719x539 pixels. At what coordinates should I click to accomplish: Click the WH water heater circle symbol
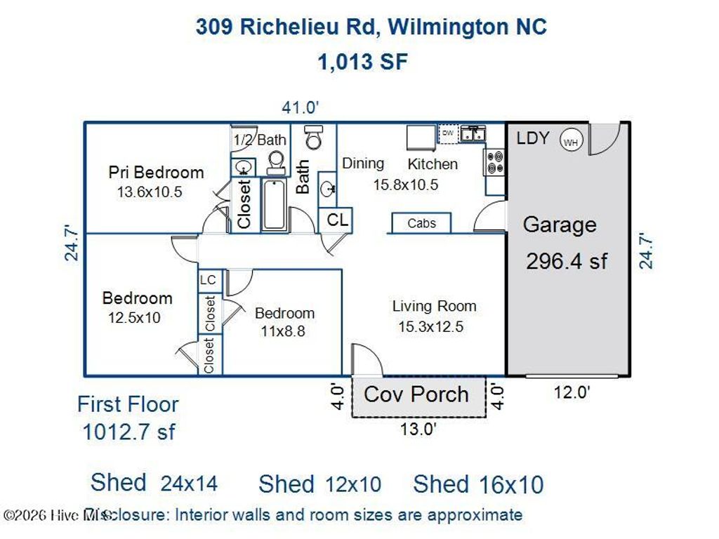(570, 141)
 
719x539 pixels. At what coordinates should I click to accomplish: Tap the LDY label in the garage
(533, 138)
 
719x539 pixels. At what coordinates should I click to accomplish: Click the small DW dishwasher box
(447, 133)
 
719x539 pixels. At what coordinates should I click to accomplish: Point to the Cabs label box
(421, 223)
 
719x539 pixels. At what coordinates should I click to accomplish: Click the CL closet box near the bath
(337, 220)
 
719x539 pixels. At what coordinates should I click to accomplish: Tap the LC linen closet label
(209, 280)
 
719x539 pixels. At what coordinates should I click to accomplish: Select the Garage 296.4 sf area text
(567, 261)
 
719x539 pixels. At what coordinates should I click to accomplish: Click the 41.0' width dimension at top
(301, 107)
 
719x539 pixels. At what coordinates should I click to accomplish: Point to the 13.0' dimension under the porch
(418, 429)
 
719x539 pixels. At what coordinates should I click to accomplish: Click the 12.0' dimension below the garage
(571, 392)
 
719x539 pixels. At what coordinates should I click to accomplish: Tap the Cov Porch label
(416, 394)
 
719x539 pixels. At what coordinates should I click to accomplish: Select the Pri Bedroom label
(156, 172)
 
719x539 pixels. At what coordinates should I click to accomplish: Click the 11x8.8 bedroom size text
(284, 331)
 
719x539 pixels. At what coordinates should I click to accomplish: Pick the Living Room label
(434, 306)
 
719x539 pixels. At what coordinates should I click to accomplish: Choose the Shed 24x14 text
(154, 483)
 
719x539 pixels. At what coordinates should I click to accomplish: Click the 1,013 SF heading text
(362, 62)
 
